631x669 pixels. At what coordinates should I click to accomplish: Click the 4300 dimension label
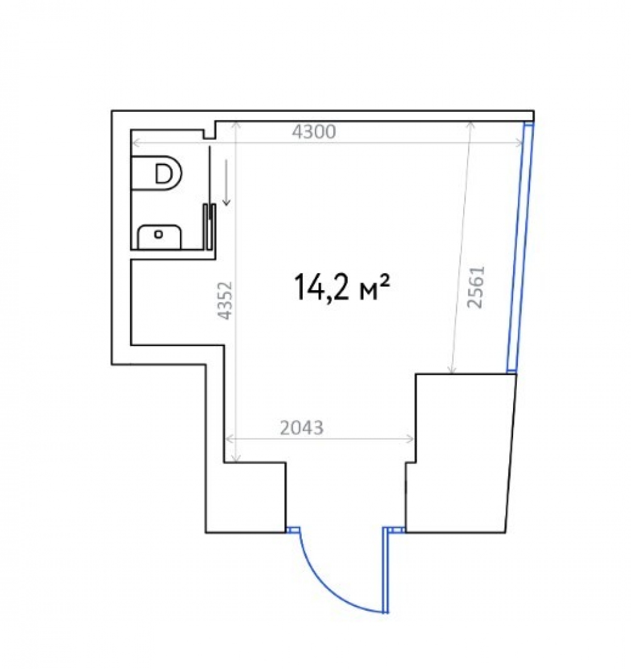314,132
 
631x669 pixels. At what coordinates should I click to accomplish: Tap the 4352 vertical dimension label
225,300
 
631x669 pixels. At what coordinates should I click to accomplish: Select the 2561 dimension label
476,287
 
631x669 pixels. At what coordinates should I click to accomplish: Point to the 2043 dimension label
302,428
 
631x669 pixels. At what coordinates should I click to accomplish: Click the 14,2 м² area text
341,287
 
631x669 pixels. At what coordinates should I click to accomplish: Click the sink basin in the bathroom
159,237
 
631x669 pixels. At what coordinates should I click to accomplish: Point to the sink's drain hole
158,234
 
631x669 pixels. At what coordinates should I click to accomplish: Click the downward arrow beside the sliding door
227,182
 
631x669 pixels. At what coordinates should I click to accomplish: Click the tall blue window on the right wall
520,247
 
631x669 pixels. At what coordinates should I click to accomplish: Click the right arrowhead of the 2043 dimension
410,439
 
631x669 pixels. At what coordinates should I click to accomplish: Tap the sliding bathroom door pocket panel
209,226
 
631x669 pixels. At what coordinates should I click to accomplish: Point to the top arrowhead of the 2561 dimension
471,125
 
